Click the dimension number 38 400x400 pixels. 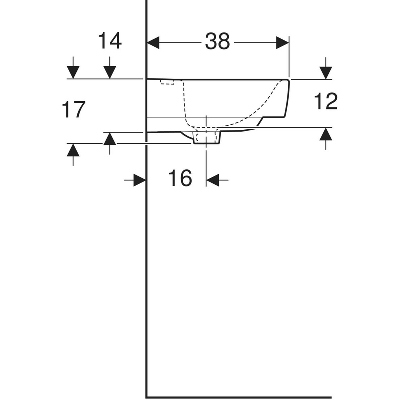pyautogui.click(x=217, y=41)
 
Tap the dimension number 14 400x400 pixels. pyautogui.click(x=110, y=41)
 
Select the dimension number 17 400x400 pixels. pyautogui.click(x=73, y=109)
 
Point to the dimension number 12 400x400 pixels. pyautogui.click(x=326, y=101)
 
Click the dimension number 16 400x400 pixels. pyautogui.click(x=180, y=178)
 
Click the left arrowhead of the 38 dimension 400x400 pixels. pyautogui.click(x=153, y=43)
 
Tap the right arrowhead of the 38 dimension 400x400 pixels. pyautogui.click(x=282, y=43)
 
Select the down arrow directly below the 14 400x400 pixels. pyautogui.click(x=110, y=68)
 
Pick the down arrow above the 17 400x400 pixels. pyautogui.click(x=73, y=68)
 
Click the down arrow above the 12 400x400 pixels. pyautogui.click(x=326, y=68)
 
